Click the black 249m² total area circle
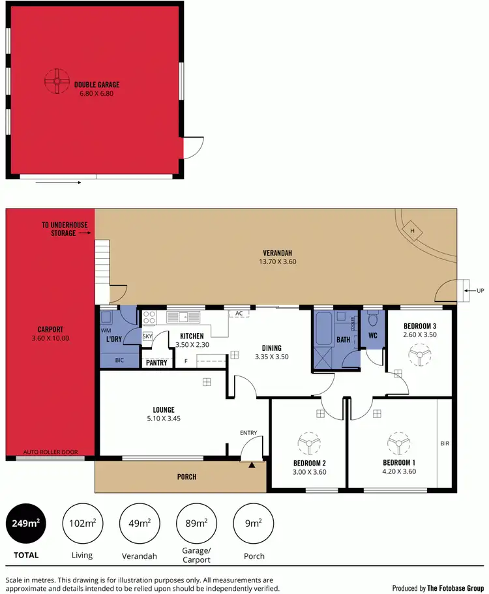[x=25, y=524]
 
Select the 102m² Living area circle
[x=81, y=524]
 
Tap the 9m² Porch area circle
[x=253, y=524]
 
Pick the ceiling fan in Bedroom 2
[x=307, y=444]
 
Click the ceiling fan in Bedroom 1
[x=397, y=444]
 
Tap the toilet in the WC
[x=373, y=319]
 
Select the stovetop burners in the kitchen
[x=149, y=318]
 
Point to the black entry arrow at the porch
[x=252, y=465]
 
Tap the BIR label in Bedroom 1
[x=445, y=444]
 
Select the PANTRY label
[x=156, y=363]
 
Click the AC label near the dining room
[x=239, y=314]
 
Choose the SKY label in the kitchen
[x=147, y=336]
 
